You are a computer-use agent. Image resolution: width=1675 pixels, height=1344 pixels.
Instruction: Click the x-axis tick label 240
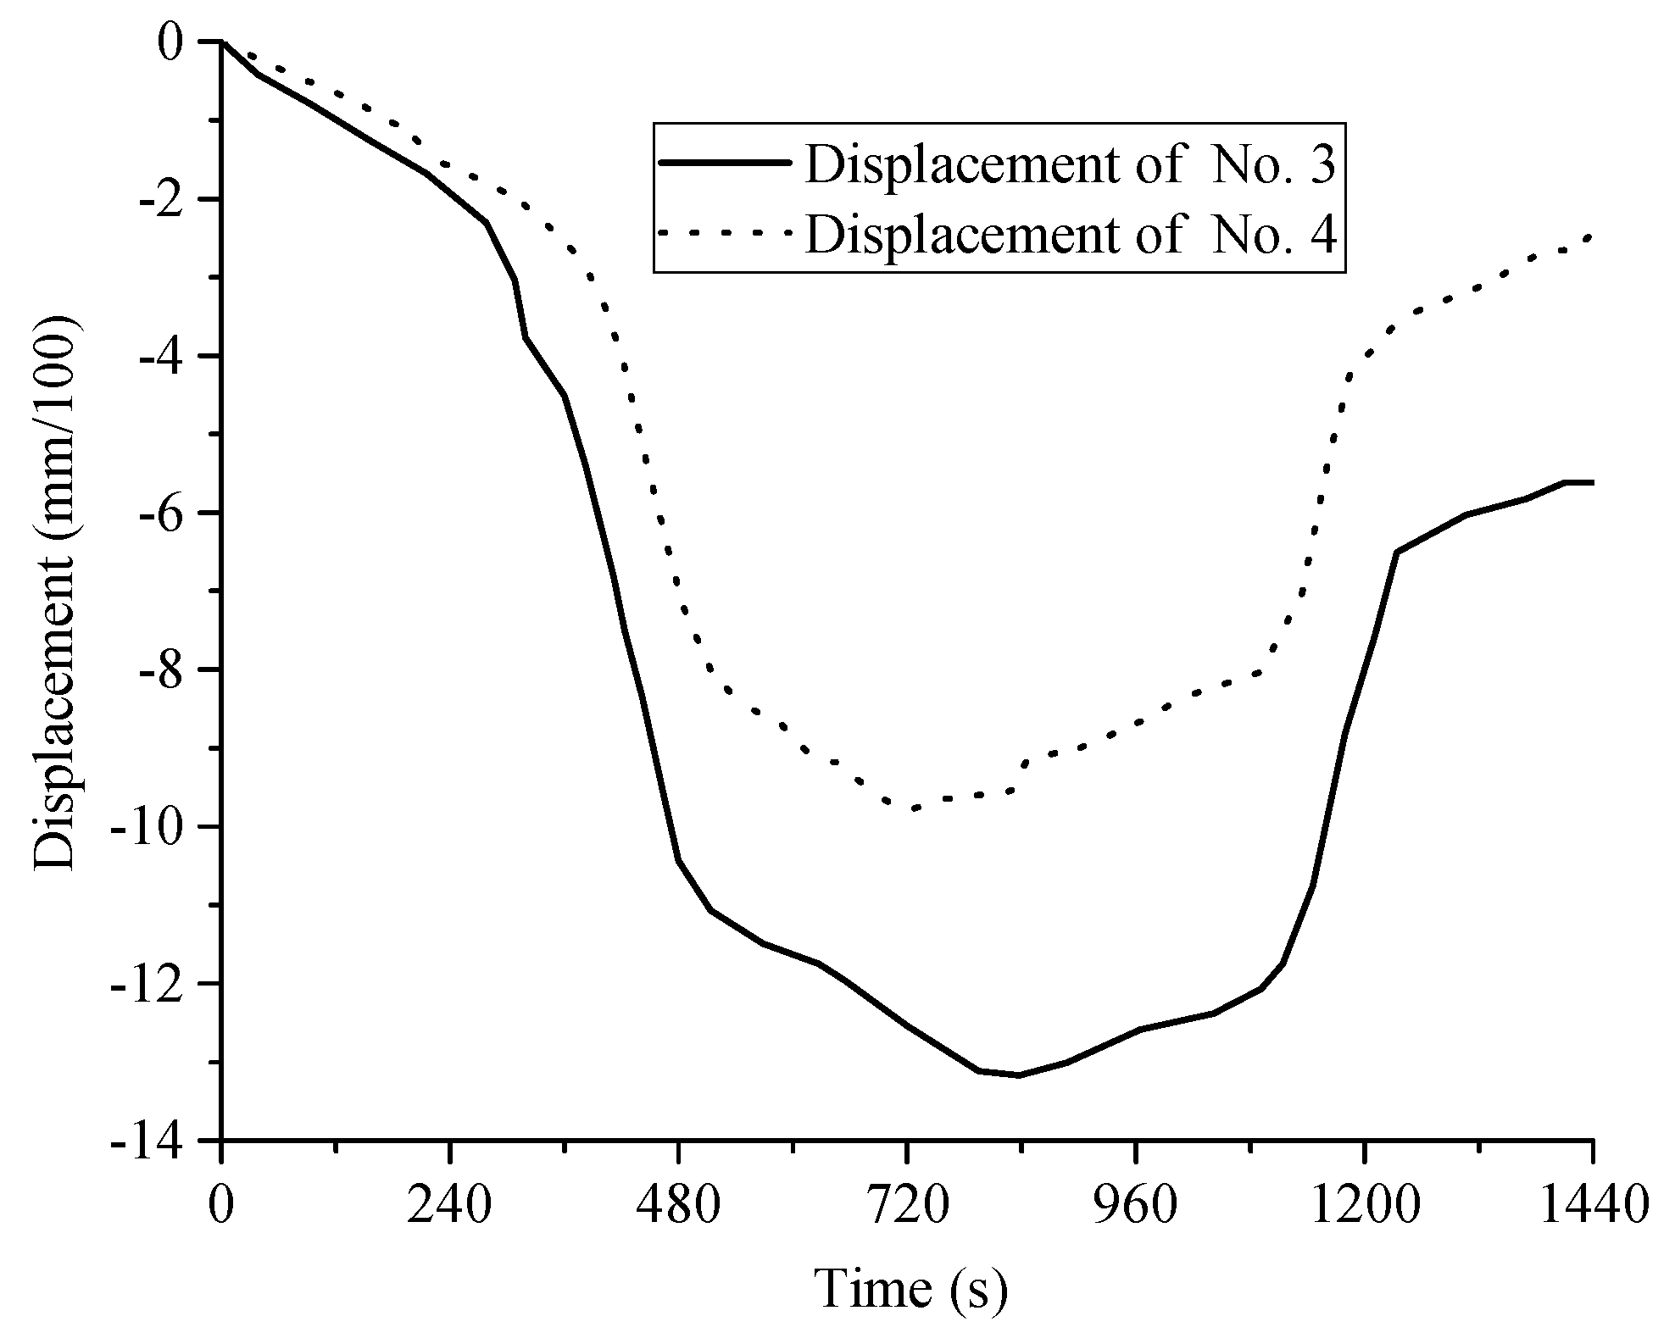[449, 1207]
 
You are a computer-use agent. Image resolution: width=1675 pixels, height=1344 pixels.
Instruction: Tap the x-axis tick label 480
[678, 1207]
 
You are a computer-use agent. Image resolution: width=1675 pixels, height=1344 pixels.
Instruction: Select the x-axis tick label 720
[907, 1207]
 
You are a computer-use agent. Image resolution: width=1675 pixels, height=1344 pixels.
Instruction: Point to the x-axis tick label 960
[1136, 1207]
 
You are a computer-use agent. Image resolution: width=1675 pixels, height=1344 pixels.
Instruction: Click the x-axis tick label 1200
[1363, 1207]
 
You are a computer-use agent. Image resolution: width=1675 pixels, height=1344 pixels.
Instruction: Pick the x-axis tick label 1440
[1592, 1207]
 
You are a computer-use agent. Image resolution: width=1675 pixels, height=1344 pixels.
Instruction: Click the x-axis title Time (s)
[912, 1290]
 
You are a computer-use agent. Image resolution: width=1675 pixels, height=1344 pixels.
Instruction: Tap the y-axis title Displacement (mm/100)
[56, 593]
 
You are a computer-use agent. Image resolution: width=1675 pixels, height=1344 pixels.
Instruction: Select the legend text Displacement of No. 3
[1070, 164]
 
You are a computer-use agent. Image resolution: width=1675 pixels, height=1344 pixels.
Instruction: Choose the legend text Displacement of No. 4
[1070, 235]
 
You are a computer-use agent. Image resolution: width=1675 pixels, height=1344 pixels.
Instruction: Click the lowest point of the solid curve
[1019, 1075]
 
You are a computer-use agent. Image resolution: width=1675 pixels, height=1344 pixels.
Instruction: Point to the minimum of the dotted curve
[912, 808]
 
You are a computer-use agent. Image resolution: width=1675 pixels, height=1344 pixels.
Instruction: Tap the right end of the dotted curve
[1590, 236]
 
